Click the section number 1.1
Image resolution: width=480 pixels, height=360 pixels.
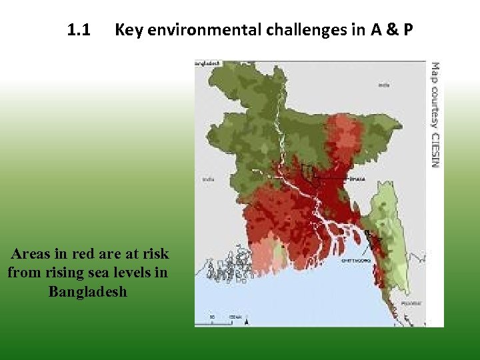click(x=79, y=30)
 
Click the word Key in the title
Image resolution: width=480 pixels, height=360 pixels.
click(x=128, y=30)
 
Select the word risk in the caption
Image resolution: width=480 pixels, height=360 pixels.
click(x=155, y=254)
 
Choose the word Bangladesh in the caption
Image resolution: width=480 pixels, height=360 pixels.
click(x=87, y=292)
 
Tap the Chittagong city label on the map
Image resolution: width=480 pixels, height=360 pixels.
click(x=355, y=261)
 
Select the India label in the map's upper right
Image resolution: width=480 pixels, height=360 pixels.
click(x=384, y=85)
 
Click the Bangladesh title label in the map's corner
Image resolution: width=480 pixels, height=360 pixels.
click(x=207, y=63)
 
